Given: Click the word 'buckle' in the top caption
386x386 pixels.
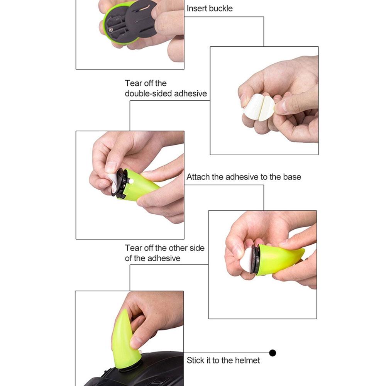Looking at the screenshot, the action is [220, 8].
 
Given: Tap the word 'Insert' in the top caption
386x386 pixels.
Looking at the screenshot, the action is [196, 8].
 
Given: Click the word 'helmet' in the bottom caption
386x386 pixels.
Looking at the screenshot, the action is [247, 361].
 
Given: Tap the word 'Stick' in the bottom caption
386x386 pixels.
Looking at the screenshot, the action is [195, 361].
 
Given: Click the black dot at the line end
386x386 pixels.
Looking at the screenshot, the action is [273, 353].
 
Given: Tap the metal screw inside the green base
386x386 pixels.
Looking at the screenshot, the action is [111, 30].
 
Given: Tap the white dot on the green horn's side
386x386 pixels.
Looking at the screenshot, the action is [131, 181].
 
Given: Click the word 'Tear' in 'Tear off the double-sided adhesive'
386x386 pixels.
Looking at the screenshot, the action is [133, 83].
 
